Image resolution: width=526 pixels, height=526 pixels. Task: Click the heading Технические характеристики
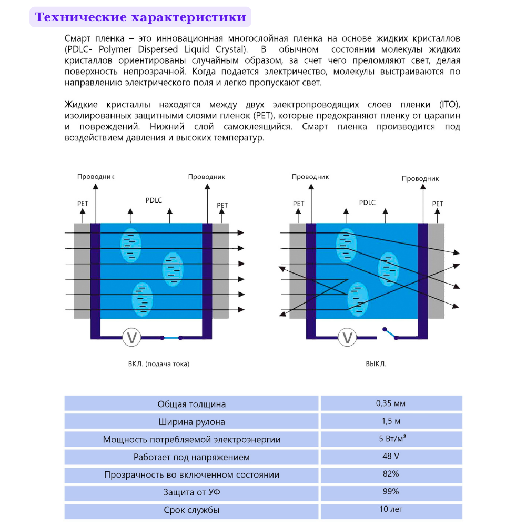tap(140, 17)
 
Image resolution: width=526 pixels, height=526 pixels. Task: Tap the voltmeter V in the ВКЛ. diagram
tap(131, 337)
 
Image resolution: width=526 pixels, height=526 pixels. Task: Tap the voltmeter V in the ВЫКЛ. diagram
tap(347, 337)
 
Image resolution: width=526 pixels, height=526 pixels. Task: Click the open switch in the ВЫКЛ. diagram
tap(390, 333)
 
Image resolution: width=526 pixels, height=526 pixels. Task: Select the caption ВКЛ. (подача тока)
tap(158, 363)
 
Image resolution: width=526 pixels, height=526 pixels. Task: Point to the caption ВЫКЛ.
tap(376, 363)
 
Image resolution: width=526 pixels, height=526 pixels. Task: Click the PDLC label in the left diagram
tap(154, 200)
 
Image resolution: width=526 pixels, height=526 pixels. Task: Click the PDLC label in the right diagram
tap(367, 203)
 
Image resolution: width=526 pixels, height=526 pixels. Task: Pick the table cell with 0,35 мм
tap(391, 403)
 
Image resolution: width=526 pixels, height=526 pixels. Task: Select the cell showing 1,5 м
tap(391, 421)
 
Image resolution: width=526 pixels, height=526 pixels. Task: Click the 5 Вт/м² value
tap(391, 439)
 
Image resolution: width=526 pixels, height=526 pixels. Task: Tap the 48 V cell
tap(391, 457)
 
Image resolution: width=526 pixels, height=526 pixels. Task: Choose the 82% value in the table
tap(391, 474)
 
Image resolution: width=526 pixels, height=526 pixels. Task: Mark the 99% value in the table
tap(391, 492)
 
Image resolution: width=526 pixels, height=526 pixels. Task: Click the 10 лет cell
tap(391, 509)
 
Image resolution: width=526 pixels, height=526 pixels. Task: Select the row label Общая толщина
tap(191, 404)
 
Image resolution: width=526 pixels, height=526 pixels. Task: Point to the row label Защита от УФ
tap(191, 492)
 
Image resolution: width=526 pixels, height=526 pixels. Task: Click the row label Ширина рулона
tap(191, 422)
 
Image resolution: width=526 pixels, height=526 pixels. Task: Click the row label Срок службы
tap(191, 510)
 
